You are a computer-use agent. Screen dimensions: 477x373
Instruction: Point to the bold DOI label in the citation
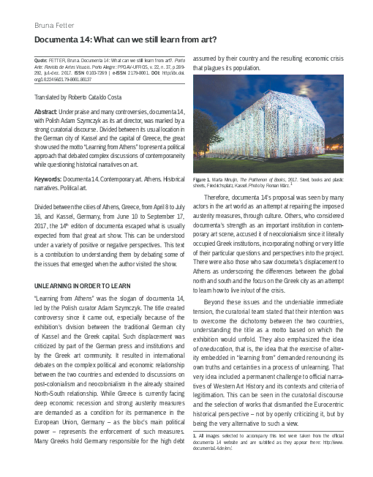157,74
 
